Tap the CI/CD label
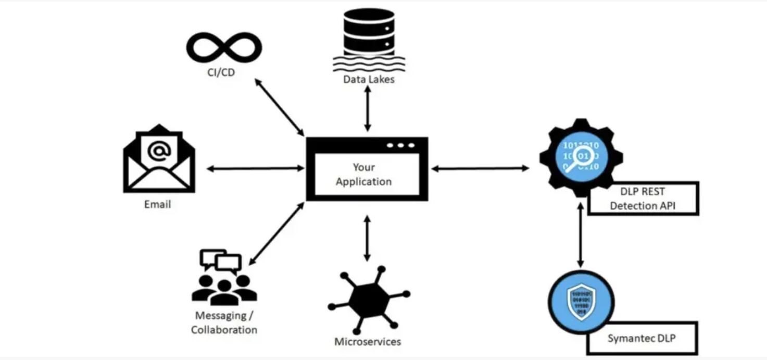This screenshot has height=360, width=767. pyautogui.click(x=221, y=72)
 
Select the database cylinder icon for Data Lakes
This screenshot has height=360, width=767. pyautogui.click(x=369, y=40)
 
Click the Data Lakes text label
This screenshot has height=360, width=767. pyautogui.click(x=369, y=80)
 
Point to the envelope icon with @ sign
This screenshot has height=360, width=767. pyautogui.click(x=159, y=158)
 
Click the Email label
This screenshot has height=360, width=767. pyautogui.click(x=157, y=205)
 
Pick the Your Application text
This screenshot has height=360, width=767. pyautogui.click(x=363, y=175)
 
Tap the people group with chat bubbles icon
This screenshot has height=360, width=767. pyautogui.click(x=224, y=278)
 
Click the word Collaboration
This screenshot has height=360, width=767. pyautogui.click(x=224, y=330)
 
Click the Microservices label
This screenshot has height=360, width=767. pyautogui.click(x=368, y=341)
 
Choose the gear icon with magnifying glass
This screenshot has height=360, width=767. pyautogui.click(x=581, y=157)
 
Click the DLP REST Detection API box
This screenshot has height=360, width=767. pyautogui.click(x=644, y=198)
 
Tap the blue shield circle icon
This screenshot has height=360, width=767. pyautogui.click(x=581, y=302)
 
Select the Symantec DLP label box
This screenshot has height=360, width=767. pyautogui.click(x=643, y=338)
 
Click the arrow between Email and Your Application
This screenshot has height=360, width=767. pyautogui.click(x=256, y=168)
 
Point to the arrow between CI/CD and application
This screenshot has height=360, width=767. pyautogui.click(x=280, y=107)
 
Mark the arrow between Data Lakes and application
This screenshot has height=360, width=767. pyautogui.click(x=368, y=108)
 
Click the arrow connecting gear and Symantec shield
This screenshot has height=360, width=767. pyautogui.click(x=581, y=235)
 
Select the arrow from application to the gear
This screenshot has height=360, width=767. pyautogui.click(x=481, y=168)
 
